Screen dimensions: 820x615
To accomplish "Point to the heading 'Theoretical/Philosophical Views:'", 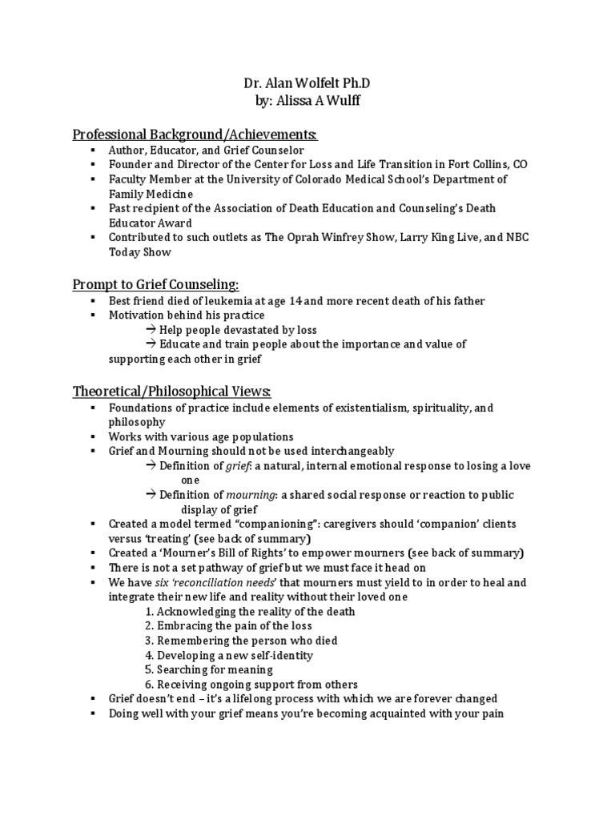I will pyautogui.click(x=172, y=391).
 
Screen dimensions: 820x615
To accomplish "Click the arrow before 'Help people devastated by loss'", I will pyautogui.click(x=151, y=330).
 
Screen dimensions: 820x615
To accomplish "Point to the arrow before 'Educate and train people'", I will pyautogui.click(x=151, y=344).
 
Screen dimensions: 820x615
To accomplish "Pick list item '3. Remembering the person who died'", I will pyautogui.click(x=241, y=641).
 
